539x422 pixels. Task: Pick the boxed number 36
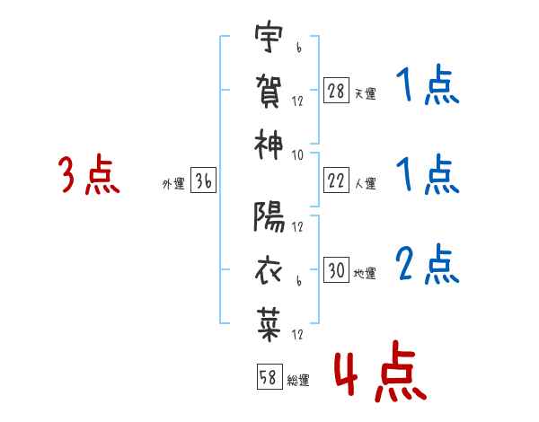click(x=203, y=181)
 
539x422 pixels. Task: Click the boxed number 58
click(x=268, y=377)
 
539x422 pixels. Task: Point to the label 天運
click(x=365, y=93)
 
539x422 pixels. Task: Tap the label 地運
click(x=365, y=273)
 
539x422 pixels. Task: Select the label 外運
click(x=173, y=184)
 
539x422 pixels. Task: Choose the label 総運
click(x=298, y=380)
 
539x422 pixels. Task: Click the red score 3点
click(x=89, y=176)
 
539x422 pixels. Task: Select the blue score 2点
click(x=428, y=264)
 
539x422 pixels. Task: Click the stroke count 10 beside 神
click(x=297, y=154)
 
